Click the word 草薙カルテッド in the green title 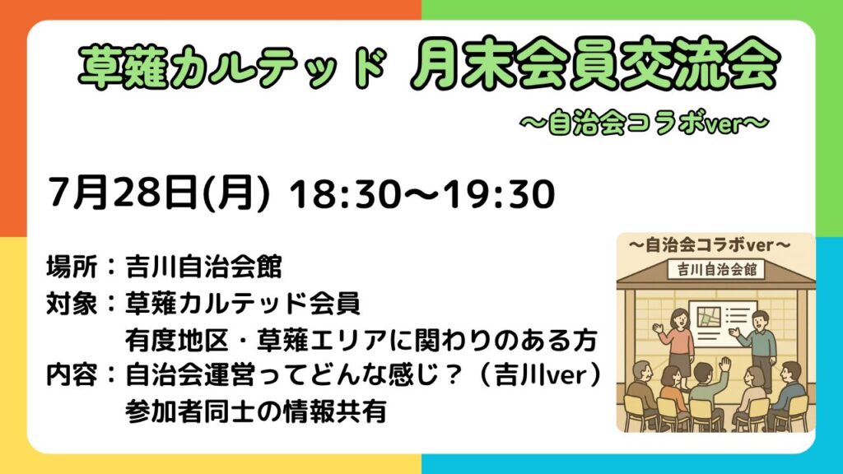[x=232, y=67]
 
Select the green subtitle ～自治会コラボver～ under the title [x=644, y=123]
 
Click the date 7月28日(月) [x=159, y=193]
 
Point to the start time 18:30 [x=343, y=194]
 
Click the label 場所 [x=72, y=267]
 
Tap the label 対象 [x=72, y=304]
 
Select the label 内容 [x=72, y=375]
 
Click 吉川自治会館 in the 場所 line [x=204, y=267]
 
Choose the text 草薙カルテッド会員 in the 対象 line [x=243, y=304]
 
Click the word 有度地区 [x=178, y=340]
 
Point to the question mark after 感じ [x=454, y=375]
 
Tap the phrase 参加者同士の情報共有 [x=256, y=411]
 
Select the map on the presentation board [x=709, y=317]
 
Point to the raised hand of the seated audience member [x=725, y=364]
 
